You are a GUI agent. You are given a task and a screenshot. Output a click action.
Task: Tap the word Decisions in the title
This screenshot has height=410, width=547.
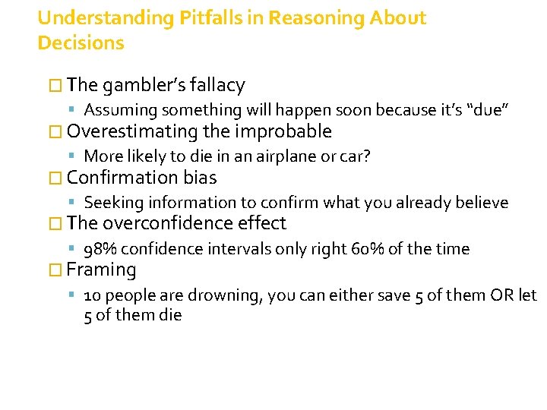coord(81,43)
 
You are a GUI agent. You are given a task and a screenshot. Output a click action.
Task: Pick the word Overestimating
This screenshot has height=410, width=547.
coord(132,131)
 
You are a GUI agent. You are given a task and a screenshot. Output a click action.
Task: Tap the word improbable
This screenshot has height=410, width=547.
coord(283,131)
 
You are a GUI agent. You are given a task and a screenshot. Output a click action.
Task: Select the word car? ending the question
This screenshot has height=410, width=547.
coord(354,156)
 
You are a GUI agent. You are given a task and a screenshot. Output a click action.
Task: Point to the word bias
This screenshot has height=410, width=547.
coord(200,178)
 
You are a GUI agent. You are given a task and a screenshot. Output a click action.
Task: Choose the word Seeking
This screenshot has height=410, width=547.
coord(114,203)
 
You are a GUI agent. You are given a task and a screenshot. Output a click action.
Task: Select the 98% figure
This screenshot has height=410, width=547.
coord(100,249)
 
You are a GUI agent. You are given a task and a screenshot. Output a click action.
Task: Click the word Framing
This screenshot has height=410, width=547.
coord(101,270)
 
